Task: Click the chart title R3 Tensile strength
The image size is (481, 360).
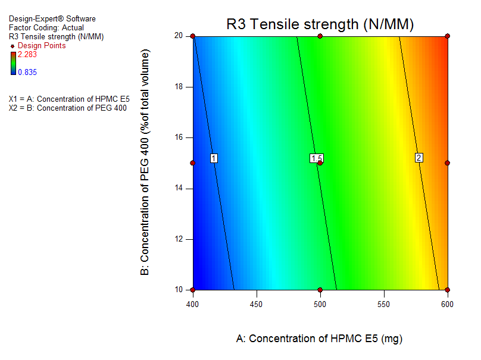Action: [320, 24]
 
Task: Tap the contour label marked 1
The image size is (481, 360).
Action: [214, 158]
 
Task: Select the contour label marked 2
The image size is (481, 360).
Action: [419, 158]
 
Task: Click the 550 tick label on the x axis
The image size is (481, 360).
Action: [384, 303]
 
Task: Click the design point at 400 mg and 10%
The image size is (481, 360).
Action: [193, 290]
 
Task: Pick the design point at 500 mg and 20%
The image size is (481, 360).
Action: [320, 36]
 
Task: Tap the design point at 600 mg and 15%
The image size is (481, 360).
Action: [447, 162]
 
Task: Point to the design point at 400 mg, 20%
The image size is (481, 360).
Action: [193, 36]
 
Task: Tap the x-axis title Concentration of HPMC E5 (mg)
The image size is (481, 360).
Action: [320, 339]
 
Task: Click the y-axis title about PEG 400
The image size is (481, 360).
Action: [145, 162]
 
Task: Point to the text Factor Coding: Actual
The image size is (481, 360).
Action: [46, 27]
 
